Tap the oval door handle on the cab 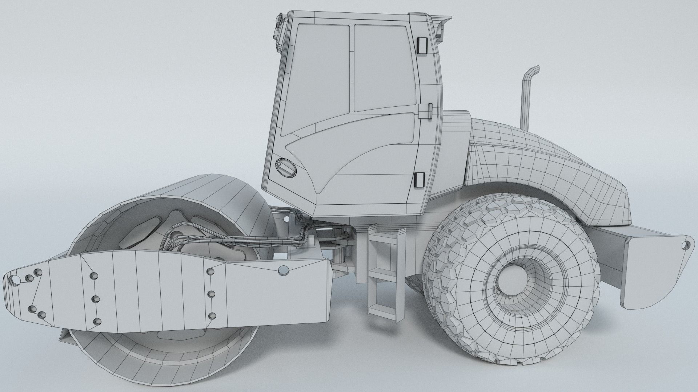tap(285, 168)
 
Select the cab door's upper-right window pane tap(385, 67)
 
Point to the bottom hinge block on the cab tap(419, 180)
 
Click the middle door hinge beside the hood tap(426, 111)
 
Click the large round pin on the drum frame tap(283, 270)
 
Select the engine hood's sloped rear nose tap(614, 203)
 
